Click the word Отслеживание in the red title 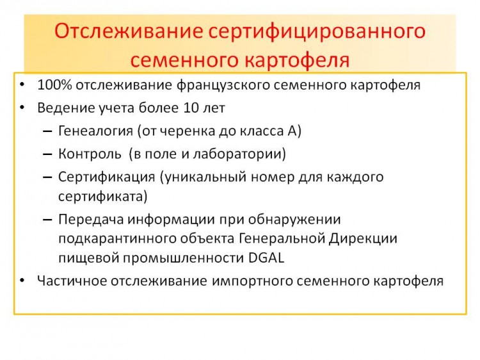point(129,31)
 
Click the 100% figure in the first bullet point(54,85)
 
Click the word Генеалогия point(95,131)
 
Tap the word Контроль point(90,154)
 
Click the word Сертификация point(106,177)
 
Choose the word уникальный point(203,177)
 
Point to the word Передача point(91,219)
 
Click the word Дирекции point(363,238)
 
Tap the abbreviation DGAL point(266,258)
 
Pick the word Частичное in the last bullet point(72,281)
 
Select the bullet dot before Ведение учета point(22,108)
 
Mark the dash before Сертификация point(47,177)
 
